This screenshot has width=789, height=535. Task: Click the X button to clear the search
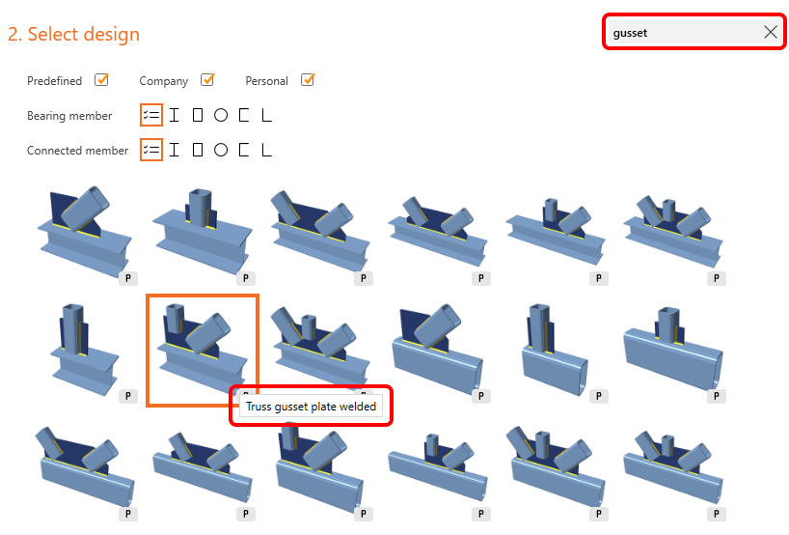(x=770, y=32)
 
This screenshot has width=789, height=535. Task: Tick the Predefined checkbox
(x=101, y=79)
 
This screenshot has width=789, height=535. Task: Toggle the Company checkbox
(x=207, y=79)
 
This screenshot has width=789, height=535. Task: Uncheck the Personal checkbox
(x=308, y=79)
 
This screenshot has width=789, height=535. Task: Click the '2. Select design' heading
(x=73, y=34)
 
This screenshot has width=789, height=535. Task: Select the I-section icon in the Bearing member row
(x=175, y=115)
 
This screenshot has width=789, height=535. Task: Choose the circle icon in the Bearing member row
(x=220, y=115)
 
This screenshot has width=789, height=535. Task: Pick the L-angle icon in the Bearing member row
(x=266, y=115)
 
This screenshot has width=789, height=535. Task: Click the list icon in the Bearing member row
(x=151, y=115)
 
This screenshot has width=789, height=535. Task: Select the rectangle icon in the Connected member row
(x=198, y=150)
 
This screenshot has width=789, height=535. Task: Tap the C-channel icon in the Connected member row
(x=244, y=150)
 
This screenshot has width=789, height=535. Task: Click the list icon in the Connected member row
(x=151, y=150)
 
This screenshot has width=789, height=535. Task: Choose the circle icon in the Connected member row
(x=220, y=150)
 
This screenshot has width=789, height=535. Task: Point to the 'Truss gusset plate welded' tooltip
(x=311, y=407)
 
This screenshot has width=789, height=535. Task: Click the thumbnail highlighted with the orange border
(x=203, y=351)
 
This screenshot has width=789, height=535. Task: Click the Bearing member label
(x=69, y=116)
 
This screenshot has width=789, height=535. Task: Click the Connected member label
(x=77, y=151)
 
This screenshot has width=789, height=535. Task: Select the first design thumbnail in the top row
(x=85, y=232)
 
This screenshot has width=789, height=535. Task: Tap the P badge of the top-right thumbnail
(x=717, y=278)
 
